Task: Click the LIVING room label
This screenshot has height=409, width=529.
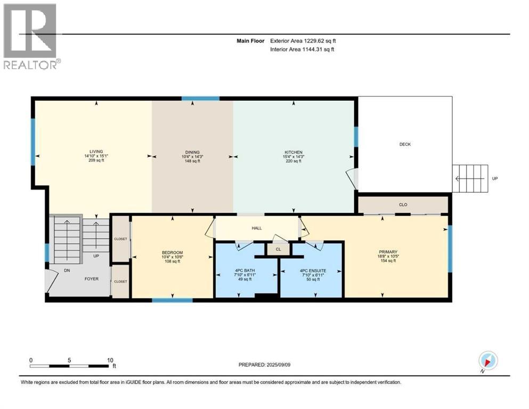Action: [x=96, y=151]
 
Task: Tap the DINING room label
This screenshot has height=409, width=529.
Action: [x=192, y=152]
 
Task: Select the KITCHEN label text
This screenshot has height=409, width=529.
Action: [x=294, y=152]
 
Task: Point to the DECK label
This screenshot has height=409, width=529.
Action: [x=405, y=144]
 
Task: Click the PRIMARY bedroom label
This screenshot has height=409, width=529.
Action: [x=388, y=251]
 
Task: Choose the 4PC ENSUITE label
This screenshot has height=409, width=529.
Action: [x=313, y=271]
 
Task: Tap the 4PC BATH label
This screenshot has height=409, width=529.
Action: [x=245, y=270]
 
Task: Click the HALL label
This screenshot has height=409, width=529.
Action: [x=257, y=228]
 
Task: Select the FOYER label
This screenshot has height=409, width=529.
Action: [x=92, y=279]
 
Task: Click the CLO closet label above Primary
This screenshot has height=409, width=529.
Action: [x=403, y=204]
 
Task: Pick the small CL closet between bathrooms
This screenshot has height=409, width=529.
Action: [x=278, y=249]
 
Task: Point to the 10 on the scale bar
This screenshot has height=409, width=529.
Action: [x=110, y=360]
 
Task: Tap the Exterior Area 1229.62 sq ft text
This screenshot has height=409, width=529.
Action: [x=303, y=41]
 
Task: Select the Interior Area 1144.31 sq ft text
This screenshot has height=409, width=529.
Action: [x=302, y=49]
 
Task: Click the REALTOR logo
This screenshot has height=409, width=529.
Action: [x=31, y=36]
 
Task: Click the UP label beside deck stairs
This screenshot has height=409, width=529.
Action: [x=494, y=178]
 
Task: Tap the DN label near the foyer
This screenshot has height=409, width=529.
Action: [x=67, y=270]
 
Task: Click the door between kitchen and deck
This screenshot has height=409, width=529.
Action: [x=352, y=178]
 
